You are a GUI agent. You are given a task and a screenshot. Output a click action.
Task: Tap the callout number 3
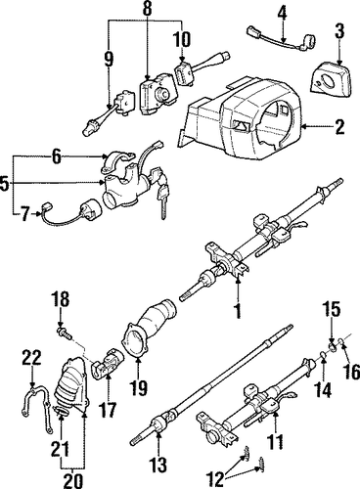[339, 32]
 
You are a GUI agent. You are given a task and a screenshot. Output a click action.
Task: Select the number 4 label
[282, 15]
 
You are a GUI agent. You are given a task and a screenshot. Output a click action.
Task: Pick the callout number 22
[31, 358]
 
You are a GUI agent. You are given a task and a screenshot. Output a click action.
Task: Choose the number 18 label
[61, 299]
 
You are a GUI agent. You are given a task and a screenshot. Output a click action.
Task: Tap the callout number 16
[350, 372]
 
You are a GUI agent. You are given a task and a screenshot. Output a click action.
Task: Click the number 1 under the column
[239, 310]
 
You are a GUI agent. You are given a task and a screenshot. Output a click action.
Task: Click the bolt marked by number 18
[65, 333]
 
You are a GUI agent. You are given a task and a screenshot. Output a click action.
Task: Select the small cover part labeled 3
[331, 80]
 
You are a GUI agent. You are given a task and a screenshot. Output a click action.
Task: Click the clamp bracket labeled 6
[118, 162]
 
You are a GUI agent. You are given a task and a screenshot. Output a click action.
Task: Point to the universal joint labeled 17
[108, 365]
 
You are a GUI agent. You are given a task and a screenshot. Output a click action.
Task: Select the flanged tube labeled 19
[149, 332]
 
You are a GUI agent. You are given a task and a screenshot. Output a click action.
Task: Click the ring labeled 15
[332, 347]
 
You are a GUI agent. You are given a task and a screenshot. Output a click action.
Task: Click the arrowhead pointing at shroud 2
[305, 126]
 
